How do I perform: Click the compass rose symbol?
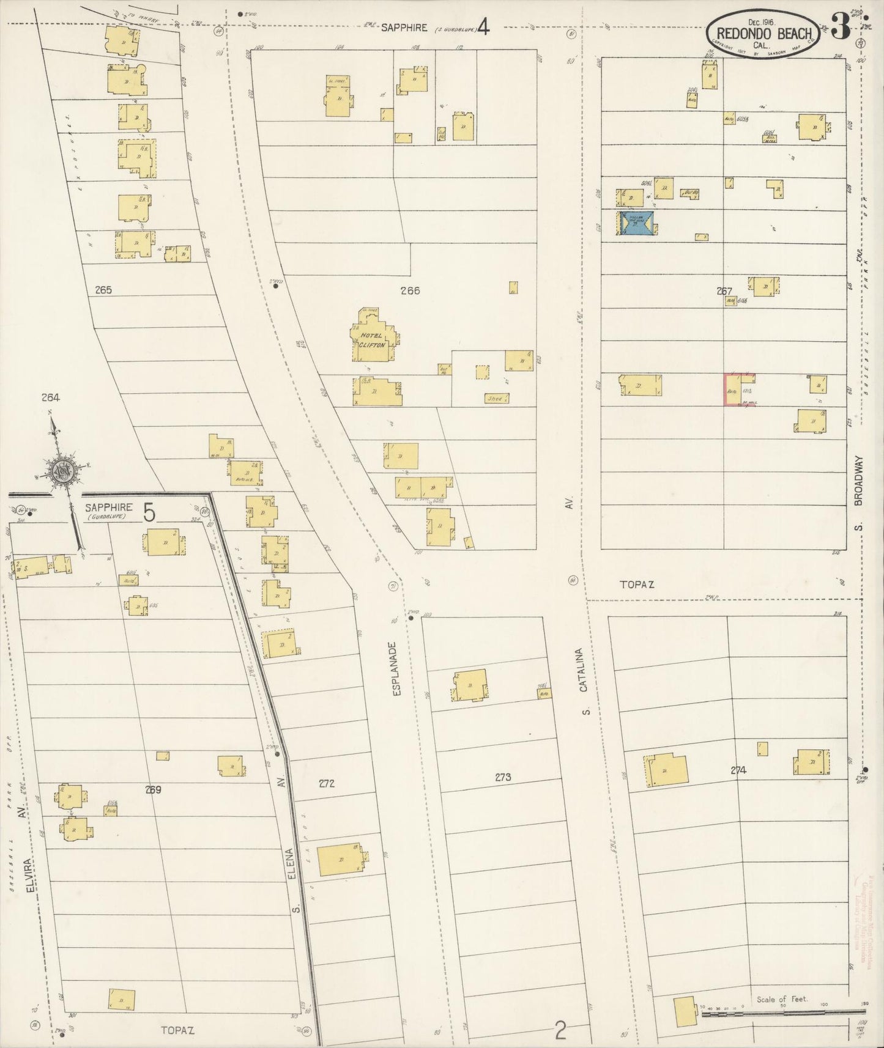tap(61, 470)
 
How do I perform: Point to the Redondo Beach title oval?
tap(763, 34)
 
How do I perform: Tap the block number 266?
tap(410, 290)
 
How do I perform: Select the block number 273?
tap(503, 777)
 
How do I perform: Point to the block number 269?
tap(153, 789)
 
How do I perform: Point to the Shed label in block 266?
tap(495, 399)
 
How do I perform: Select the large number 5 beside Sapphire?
tap(149, 512)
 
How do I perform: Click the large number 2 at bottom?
tap(559, 1031)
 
